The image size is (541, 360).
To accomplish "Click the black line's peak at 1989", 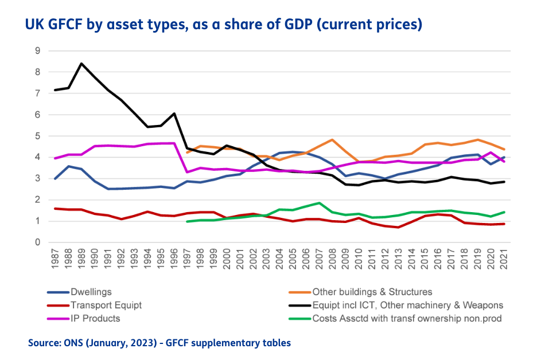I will [81, 64].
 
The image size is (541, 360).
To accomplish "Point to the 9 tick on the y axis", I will [37, 51].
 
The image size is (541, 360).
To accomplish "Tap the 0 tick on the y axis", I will [37, 242].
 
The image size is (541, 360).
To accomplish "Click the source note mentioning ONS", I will [159, 343].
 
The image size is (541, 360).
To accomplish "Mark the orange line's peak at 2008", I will [332, 139].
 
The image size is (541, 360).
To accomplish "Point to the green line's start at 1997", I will [188, 221].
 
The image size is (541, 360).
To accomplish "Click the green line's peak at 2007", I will [319, 203].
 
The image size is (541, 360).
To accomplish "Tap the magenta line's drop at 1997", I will [188, 172].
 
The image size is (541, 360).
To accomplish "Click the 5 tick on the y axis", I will [37, 136].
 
